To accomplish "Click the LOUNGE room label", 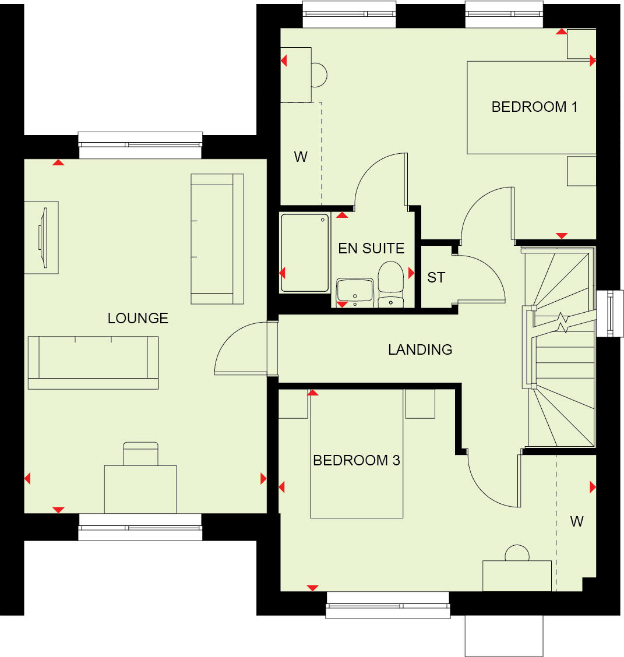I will click(x=138, y=318).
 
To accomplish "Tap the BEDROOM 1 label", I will click(x=534, y=107).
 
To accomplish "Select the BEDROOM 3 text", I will click(x=356, y=460).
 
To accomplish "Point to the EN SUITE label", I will click(x=371, y=248).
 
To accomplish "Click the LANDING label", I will click(x=420, y=349).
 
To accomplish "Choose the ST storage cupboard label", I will click(x=436, y=277).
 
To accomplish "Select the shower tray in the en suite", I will click(x=305, y=253).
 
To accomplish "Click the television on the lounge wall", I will click(x=42, y=237).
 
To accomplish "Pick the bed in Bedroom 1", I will click(x=531, y=108).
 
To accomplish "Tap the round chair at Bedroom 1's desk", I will click(x=319, y=75).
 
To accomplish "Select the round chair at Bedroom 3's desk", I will click(x=516, y=553).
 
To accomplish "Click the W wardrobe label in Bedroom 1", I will click(x=301, y=157).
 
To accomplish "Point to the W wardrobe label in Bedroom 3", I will click(x=577, y=521).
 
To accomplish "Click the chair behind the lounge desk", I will click(x=140, y=453).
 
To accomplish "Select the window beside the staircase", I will click(x=611, y=313).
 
